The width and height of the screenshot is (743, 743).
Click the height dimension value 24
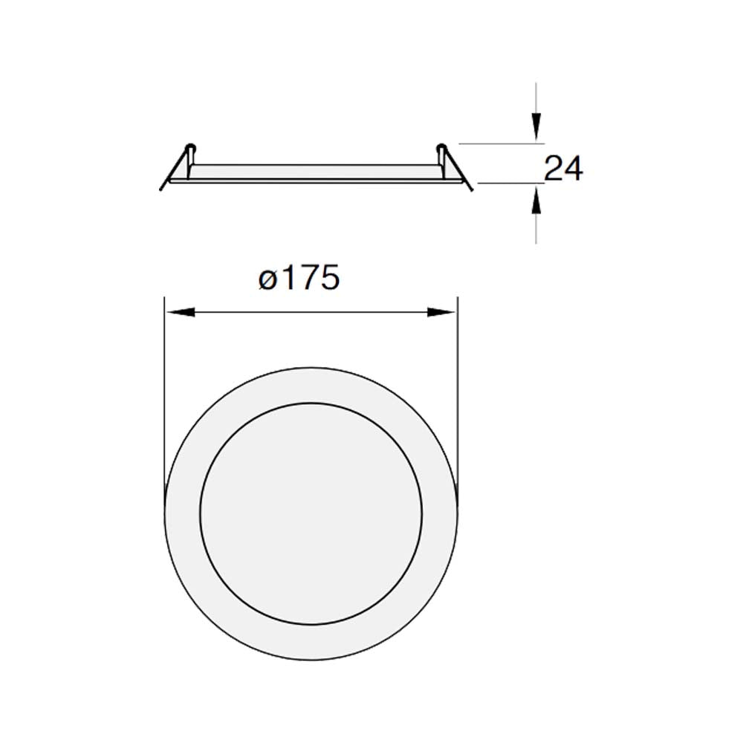[x=564, y=169]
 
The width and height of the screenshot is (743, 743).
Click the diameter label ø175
[x=299, y=279]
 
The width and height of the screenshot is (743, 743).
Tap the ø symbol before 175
[x=268, y=281]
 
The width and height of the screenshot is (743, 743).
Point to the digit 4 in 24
[x=574, y=169]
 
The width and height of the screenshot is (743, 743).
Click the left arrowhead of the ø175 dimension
[x=178, y=313]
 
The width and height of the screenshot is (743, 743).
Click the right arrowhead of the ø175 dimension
[x=442, y=313]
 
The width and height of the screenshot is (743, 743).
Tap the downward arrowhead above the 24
[x=536, y=126]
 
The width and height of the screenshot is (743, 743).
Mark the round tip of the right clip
[x=441, y=146]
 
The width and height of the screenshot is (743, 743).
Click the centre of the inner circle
[x=311, y=513]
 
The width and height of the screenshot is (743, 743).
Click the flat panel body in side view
[x=316, y=172]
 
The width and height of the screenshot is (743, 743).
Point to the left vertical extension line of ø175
[x=163, y=386]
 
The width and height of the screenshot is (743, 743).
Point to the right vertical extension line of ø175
[x=458, y=386]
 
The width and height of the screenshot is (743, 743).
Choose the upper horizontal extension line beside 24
[x=498, y=142]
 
